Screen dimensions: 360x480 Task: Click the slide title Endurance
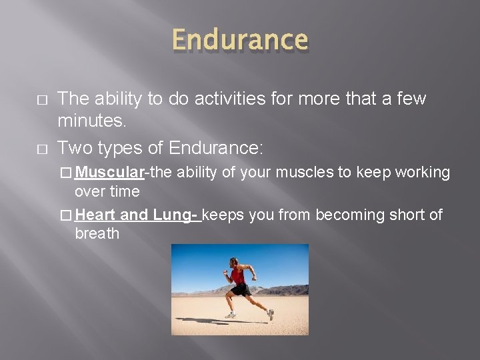239,40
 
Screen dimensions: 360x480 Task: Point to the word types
121,147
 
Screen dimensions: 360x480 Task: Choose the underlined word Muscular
109,173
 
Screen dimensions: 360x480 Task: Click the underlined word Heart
95,215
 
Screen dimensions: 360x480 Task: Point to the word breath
97,234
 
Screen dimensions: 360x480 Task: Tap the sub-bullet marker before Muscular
65,173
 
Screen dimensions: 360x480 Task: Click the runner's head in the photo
233,261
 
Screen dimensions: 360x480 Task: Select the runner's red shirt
237,275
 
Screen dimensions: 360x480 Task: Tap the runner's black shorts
241,289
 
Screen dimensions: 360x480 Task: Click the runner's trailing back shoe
270,314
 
